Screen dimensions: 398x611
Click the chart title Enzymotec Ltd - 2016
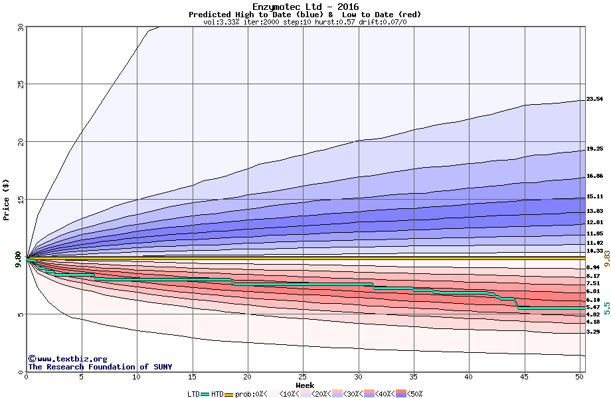(305, 7)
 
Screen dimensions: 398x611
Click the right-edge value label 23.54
(594, 99)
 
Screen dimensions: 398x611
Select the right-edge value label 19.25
(594, 149)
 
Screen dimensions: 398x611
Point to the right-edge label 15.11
(594, 197)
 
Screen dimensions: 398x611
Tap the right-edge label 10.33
(594, 251)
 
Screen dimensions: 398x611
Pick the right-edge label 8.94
(593, 267)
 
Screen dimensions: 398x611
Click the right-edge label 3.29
(593, 332)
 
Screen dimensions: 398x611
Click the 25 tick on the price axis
(19, 84)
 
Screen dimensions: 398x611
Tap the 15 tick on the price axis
(19, 200)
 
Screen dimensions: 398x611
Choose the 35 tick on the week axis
(414, 377)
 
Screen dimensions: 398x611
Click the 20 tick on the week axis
(248, 377)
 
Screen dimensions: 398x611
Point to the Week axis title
(305, 385)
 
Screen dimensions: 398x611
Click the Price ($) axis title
(6, 199)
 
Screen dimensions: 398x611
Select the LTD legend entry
(194, 393)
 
